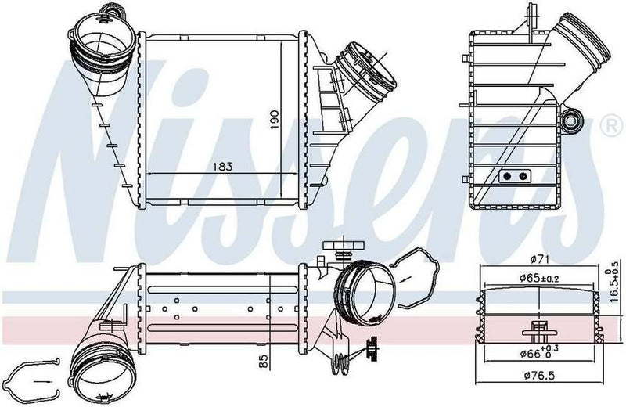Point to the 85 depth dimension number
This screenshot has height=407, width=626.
(264, 362)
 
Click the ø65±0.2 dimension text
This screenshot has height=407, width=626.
(538, 278)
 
